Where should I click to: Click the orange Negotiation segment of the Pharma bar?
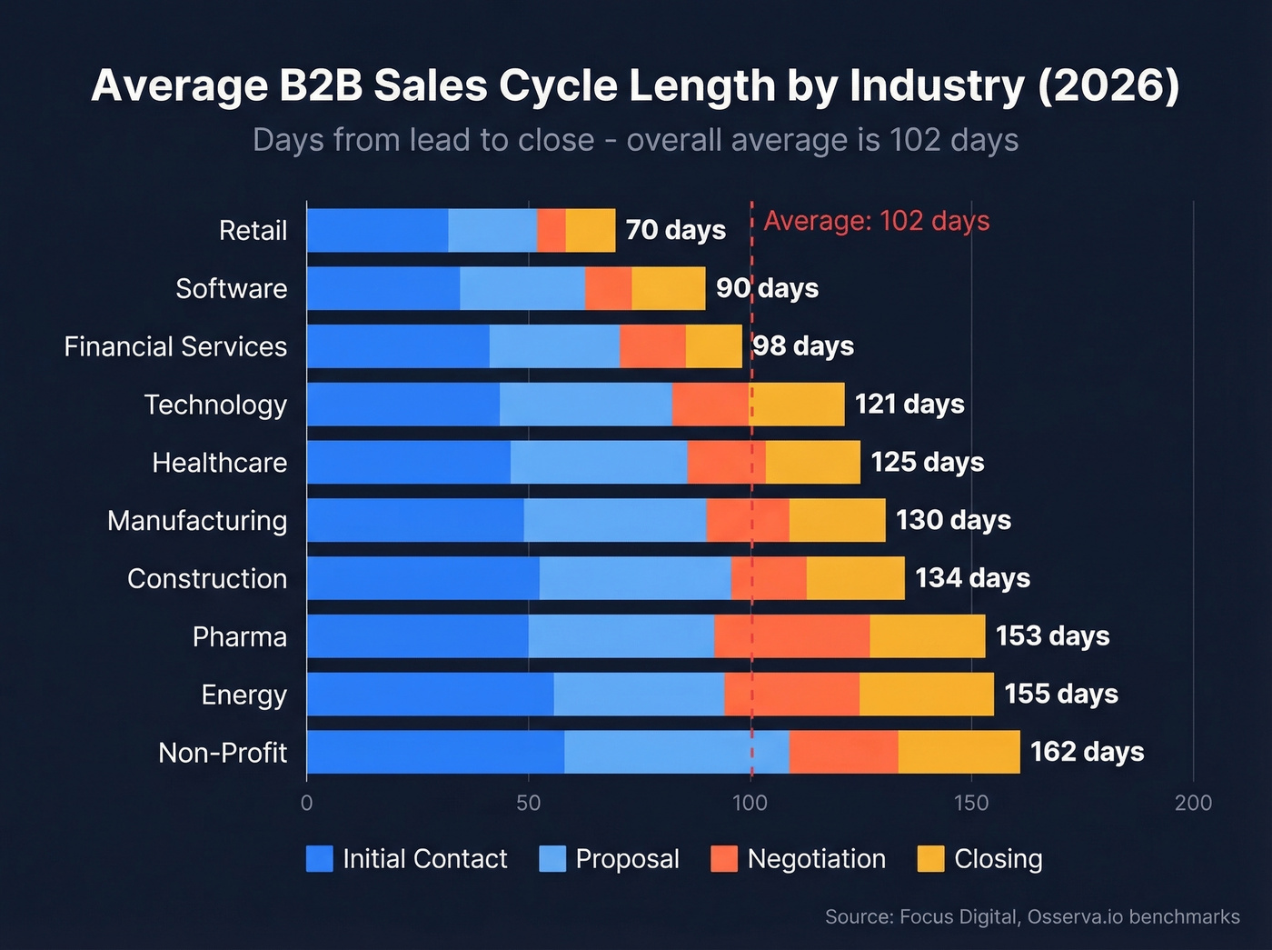[x=791, y=636]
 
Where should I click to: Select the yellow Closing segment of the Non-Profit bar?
[x=959, y=752]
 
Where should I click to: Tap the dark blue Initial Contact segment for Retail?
[x=377, y=230]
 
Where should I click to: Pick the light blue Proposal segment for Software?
[x=522, y=288]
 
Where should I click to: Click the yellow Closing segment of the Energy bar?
[x=926, y=695]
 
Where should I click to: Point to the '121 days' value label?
[x=909, y=404]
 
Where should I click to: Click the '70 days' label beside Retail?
[x=675, y=230]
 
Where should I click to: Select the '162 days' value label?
[x=1087, y=752]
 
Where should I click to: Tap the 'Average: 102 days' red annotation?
[x=876, y=221]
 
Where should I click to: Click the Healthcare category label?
[x=219, y=463]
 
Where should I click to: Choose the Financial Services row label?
[x=175, y=346]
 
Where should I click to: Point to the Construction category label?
[x=207, y=579]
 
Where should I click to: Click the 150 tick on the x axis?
[x=971, y=803]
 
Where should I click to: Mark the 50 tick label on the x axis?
[x=528, y=803]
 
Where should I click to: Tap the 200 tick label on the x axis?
[x=1193, y=803]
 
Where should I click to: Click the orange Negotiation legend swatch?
[x=724, y=859]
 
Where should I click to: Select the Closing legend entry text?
[x=998, y=859]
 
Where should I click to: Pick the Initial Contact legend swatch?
[x=320, y=859]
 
